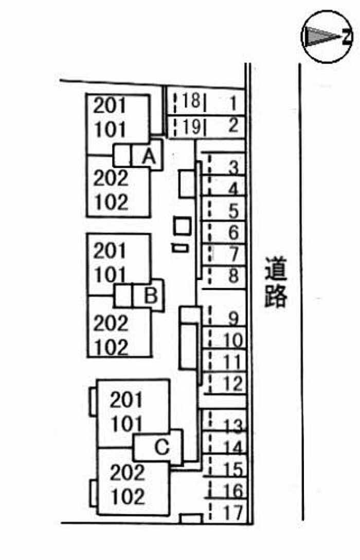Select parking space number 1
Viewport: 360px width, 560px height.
(x=232, y=103)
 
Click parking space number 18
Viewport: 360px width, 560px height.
(x=191, y=101)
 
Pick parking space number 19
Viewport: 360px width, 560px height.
(x=191, y=126)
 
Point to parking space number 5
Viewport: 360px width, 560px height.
(x=232, y=211)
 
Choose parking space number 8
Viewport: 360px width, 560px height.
(x=232, y=276)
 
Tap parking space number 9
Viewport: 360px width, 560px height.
(x=232, y=319)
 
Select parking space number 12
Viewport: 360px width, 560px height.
(x=232, y=383)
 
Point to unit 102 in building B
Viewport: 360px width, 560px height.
(x=110, y=348)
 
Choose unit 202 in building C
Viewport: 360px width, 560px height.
(x=127, y=472)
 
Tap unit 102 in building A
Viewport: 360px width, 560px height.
(x=110, y=202)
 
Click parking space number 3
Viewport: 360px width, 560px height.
(x=232, y=168)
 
